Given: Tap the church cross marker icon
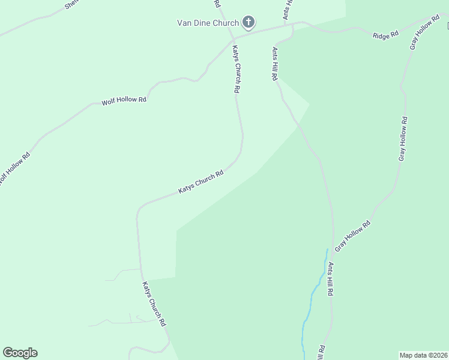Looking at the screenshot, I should pos(249,23).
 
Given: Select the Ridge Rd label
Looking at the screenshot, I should pos(385,35).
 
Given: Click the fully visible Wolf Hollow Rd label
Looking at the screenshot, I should pos(124,100).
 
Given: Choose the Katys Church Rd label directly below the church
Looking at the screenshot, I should pos(237,69).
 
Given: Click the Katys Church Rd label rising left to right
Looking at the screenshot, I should pos(201,182).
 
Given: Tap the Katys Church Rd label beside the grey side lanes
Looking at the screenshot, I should pos(154,304).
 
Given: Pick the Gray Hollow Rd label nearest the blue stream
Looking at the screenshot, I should pos(352,236).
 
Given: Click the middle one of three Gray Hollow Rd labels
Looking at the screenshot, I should pos(403,139).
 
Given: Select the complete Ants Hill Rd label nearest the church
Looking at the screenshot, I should pos(274,64).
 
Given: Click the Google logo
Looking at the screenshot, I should pos(20,353).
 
